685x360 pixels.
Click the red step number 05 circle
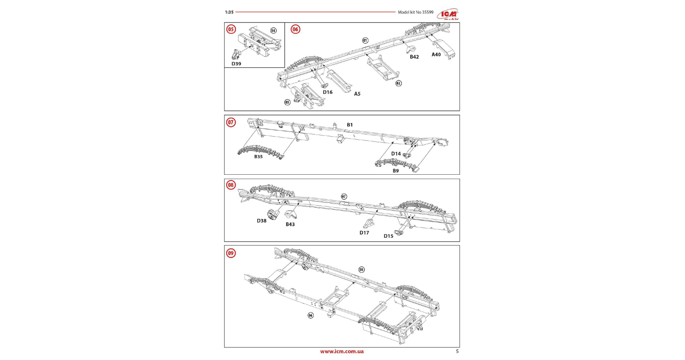click(231, 29)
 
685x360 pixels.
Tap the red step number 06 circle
click(295, 29)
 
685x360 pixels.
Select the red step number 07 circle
click(231, 122)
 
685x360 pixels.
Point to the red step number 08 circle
click(231, 185)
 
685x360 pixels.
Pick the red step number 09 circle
click(231, 253)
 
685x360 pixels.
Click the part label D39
click(236, 64)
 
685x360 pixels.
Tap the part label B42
click(414, 57)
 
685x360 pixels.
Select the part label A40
click(436, 55)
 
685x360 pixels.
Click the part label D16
click(328, 92)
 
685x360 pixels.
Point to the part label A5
click(357, 94)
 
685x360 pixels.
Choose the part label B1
click(350, 125)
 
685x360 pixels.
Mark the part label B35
click(258, 157)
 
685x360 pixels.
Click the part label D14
click(396, 154)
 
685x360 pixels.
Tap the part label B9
click(396, 171)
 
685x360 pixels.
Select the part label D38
click(262, 221)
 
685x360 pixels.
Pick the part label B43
click(290, 224)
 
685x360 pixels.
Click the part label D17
click(364, 233)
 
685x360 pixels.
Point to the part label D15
click(388, 236)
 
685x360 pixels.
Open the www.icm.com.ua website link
click(342, 352)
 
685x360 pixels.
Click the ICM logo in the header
click(448, 14)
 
